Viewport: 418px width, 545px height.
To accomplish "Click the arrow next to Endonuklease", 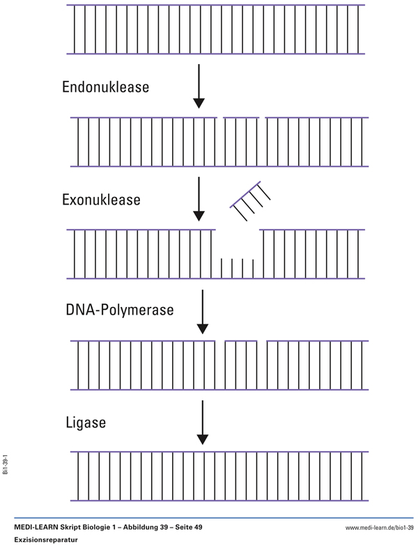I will click(199, 86).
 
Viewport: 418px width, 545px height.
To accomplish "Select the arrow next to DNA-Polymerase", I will click(202, 311).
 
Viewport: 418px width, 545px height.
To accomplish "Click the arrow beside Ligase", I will click(202, 422).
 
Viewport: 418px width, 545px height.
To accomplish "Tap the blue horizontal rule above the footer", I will click(209, 519).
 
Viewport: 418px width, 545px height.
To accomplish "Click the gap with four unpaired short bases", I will click(236, 267).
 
